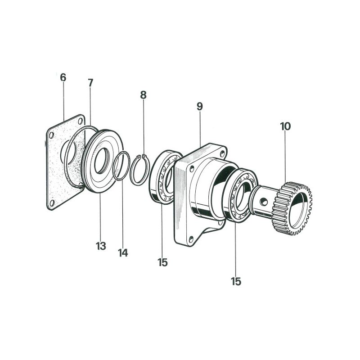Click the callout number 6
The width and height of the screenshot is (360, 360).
[63, 77]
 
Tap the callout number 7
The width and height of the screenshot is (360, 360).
[90, 83]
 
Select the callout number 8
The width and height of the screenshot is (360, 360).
[143, 95]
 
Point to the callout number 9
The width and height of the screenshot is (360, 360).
[200, 106]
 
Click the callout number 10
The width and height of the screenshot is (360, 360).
[285, 126]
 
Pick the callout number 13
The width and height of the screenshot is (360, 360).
[101, 246]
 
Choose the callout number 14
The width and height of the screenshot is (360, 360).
[123, 253]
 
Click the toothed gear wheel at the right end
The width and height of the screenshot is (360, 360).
[292, 208]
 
